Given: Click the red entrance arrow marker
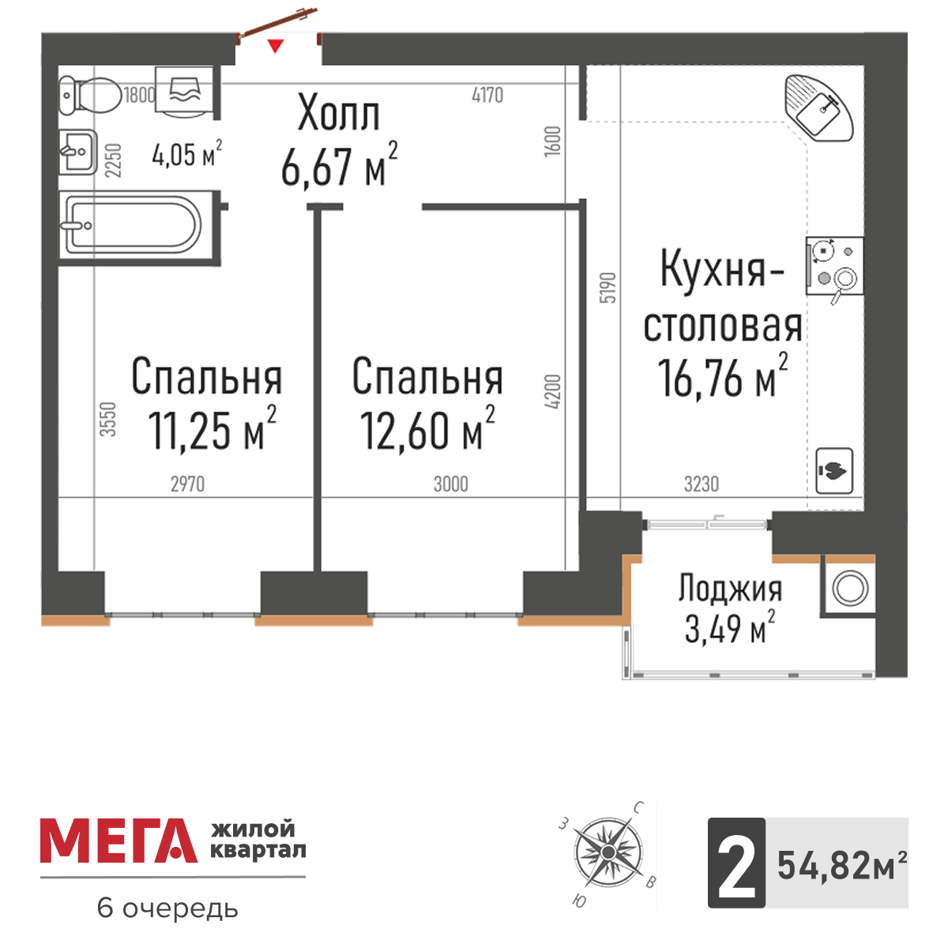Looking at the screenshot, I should coord(274,46).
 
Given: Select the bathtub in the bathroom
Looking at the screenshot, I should coord(131,225).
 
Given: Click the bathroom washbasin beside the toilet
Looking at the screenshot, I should coord(78,151).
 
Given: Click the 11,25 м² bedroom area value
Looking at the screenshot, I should coord(212,431).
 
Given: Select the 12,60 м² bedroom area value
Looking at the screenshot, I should coord(427,431).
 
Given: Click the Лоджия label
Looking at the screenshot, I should coord(730,589).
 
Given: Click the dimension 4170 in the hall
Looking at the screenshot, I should coord(487,96).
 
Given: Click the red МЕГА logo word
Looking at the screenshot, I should coord(118,841).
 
